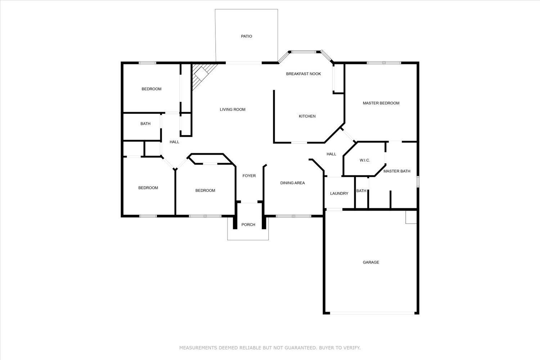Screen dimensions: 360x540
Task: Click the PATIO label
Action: coord(246,36)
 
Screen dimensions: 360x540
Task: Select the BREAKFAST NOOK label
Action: coord(303,74)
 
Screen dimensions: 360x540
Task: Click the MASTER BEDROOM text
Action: coord(381,103)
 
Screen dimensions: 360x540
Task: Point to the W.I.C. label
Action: coord(365,160)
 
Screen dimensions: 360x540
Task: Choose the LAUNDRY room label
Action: coord(339,194)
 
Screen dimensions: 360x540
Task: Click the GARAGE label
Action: coord(371,262)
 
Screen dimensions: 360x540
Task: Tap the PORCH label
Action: coord(248,225)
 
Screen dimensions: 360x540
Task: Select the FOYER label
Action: coord(249,176)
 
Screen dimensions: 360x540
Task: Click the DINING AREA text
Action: coord(292,183)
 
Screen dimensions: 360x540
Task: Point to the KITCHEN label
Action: coord(307,116)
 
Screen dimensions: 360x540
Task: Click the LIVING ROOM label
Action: coord(233,109)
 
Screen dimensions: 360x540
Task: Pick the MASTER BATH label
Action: coord(397,171)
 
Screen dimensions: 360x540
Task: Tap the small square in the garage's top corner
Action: coord(411,217)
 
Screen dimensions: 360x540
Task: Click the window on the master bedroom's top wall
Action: coord(384,63)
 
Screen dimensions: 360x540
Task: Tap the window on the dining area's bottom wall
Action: coord(293,216)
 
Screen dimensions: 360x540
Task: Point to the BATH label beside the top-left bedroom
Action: coord(145,124)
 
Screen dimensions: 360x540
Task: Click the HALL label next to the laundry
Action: coord(331,154)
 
